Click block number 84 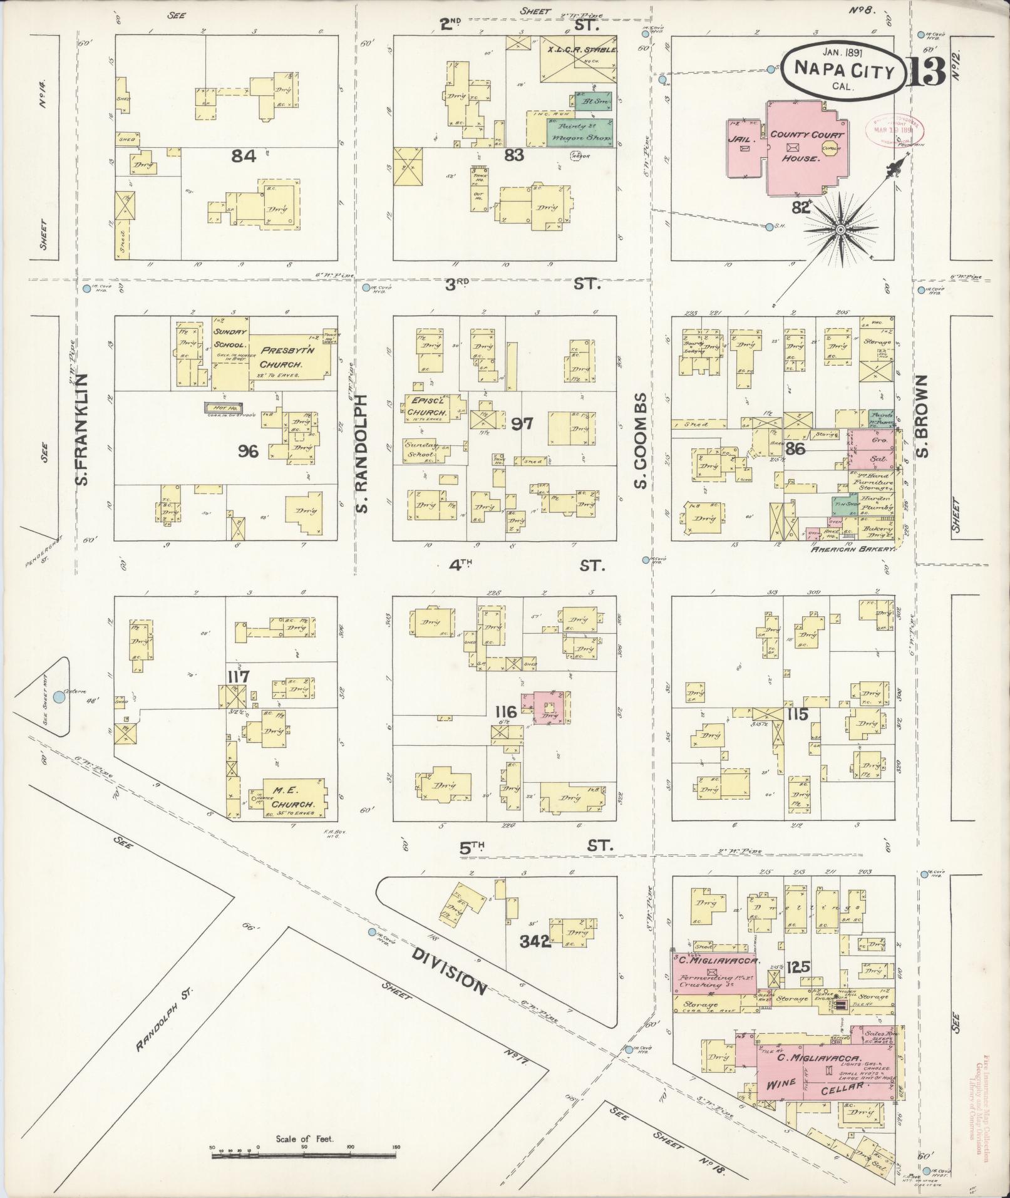[244, 156]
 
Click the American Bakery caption [853, 549]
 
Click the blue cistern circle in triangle [59, 696]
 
